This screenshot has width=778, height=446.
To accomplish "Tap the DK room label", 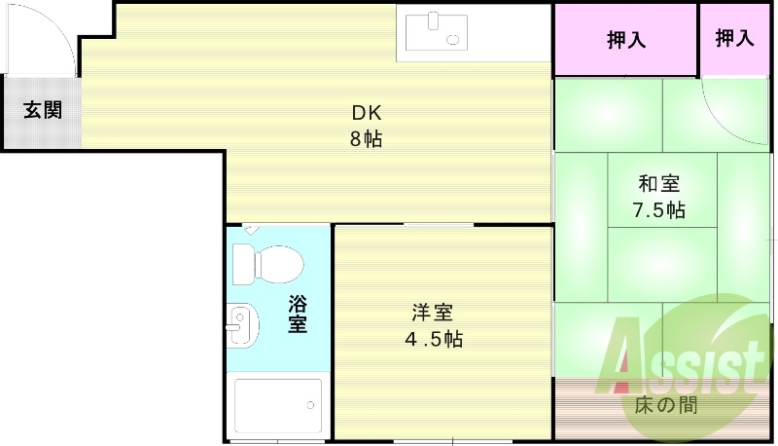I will (x=367, y=111).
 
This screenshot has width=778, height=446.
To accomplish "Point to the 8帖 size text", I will (x=367, y=138).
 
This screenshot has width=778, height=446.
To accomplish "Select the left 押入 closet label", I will (x=626, y=40).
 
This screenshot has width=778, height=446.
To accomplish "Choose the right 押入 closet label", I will (x=734, y=39).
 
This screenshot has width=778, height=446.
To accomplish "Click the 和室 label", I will (x=658, y=183).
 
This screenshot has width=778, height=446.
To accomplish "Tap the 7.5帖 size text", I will (x=658, y=209).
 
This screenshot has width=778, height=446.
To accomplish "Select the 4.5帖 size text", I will (x=433, y=339).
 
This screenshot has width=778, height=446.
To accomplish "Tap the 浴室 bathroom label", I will (x=298, y=314).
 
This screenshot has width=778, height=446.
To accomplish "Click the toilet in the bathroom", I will (x=267, y=263).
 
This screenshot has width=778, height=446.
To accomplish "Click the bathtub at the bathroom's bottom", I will (x=278, y=405).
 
